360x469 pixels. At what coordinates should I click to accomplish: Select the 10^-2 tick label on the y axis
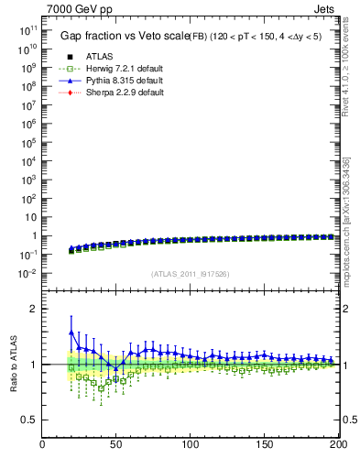coord(26,274)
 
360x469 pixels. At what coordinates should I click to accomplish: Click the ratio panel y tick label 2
coord(33,309)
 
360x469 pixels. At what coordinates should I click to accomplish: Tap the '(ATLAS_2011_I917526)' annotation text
coord(190,274)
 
